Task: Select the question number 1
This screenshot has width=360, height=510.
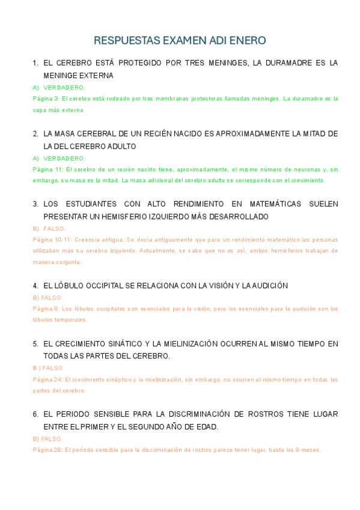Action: coord(35,63)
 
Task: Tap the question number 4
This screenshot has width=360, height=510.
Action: coord(35,286)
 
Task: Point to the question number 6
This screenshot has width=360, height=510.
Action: coord(35,414)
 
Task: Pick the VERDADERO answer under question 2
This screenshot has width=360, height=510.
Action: coord(64,159)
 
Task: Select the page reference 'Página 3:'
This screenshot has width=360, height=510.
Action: coord(46,99)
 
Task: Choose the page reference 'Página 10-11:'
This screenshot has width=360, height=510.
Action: coord(52,239)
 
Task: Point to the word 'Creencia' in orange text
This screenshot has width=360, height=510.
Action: coord(87,239)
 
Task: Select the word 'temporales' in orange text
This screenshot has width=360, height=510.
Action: coord(73,320)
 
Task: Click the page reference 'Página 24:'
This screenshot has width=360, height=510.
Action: coord(47,379)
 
